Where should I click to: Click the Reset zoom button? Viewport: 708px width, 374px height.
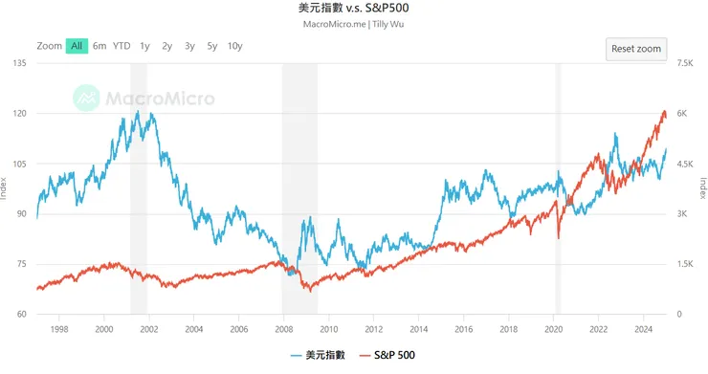pyautogui.click(x=636, y=48)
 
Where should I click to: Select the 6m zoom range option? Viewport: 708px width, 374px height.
pyautogui.click(x=100, y=46)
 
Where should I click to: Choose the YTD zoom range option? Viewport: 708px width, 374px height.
pyautogui.click(x=122, y=46)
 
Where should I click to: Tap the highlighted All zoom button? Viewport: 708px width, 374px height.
pyautogui.click(x=77, y=46)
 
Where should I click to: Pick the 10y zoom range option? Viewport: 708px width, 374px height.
pyautogui.click(x=234, y=46)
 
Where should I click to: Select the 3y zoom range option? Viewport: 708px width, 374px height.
pyautogui.click(x=189, y=46)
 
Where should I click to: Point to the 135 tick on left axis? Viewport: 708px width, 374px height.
pyautogui.click(x=18, y=63)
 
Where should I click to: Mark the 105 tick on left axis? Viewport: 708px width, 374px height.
pyautogui.click(x=18, y=164)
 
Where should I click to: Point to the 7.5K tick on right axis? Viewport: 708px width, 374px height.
pyautogui.click(x=684, y=63)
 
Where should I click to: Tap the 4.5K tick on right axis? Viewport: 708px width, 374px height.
pyautogui.click(x=684, y=164)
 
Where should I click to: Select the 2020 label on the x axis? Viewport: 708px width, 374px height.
pyautogui.click(x=554, y=328)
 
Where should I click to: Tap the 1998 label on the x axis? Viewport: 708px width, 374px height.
pyautogui.click(x=58, y=328)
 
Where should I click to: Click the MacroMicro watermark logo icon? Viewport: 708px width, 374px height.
pyautogui.click(x=88, y=98)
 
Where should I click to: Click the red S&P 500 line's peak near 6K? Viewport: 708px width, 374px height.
pyautogui.click(x=664, y=112)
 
